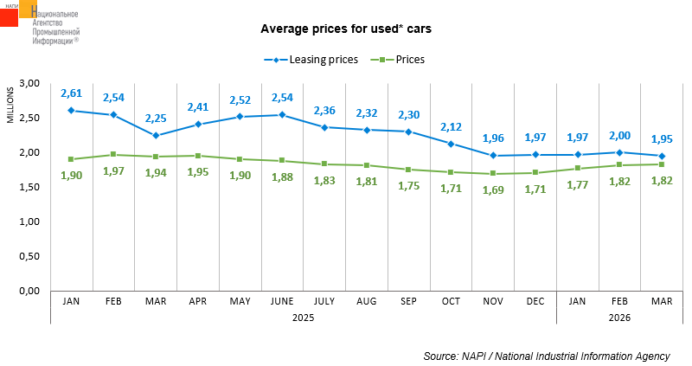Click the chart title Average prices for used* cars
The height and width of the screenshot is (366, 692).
coord(346,29)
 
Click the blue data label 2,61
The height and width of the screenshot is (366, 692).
coord(71,93)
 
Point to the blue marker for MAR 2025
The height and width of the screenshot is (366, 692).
coord(155,135)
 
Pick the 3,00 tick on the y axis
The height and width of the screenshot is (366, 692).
coord(30,83)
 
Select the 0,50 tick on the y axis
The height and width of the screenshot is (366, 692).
coord(30,256)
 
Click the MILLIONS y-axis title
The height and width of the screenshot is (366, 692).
coord(10,105)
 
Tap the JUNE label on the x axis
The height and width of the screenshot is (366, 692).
coord(281,301)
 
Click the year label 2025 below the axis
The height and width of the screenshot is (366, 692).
coord(302,318)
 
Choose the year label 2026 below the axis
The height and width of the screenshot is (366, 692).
coord(619,318)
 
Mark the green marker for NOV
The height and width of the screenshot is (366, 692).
coord(493,173)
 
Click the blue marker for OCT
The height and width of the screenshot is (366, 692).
coord(451,144)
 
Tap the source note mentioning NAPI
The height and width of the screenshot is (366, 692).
coord(547,356)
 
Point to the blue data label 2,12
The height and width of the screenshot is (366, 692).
coord(451,127)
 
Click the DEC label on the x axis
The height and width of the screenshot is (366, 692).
coord(535,301)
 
